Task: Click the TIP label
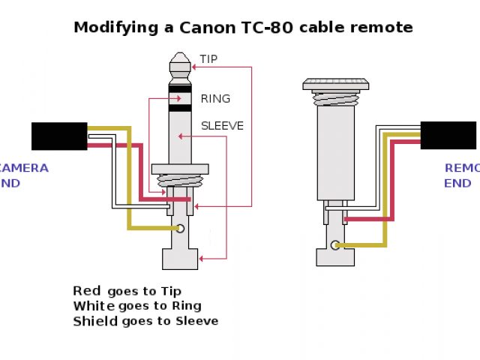pyautogui.click(x=208, y=59)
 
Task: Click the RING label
pyautogui.click(x=215, y=98)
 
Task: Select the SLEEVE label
pyautogui.click(x=222, y=125)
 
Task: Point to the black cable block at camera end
pyautogui.click(x=59, y=136)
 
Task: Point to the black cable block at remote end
pyautogui.click(x=448, y=135)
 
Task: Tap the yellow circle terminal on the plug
pyautogui.click(x=180, y=228)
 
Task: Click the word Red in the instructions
pyautogui.click(x=87, y=290)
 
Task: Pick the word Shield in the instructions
pyautogui.click(x=95, y=321)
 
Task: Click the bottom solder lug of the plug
pyautogui.click(x=180, y=259)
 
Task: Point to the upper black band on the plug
pyautogui.click(x=180, y=88)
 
